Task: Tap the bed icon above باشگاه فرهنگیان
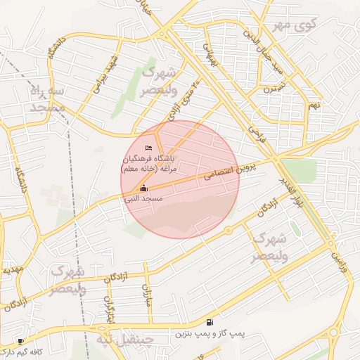(x=148, y=149)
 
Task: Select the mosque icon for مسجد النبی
(x=144, y=188)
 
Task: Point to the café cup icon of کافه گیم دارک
(x=21, y=341)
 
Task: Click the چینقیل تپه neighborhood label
(x=124, y=340)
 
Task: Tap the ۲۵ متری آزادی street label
(x=188, y=98)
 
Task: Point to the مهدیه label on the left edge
(x=11, y=269)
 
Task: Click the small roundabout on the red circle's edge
(x=229, y=231)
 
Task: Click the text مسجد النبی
(x=143, y=200)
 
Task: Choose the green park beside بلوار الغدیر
(x=298, y=169)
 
